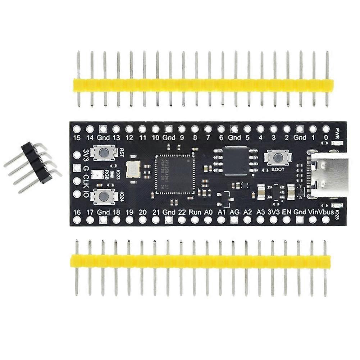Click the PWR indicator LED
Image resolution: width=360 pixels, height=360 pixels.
(337, 144)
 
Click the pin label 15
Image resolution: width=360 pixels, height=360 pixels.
(76, 138)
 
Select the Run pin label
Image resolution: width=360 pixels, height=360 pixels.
(195, 212)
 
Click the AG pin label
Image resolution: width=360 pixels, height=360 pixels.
(234, 212)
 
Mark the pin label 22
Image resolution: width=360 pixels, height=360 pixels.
(182, 212)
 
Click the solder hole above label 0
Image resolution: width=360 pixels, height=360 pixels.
(326, 128)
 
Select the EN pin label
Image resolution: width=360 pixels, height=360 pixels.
(286, 212)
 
